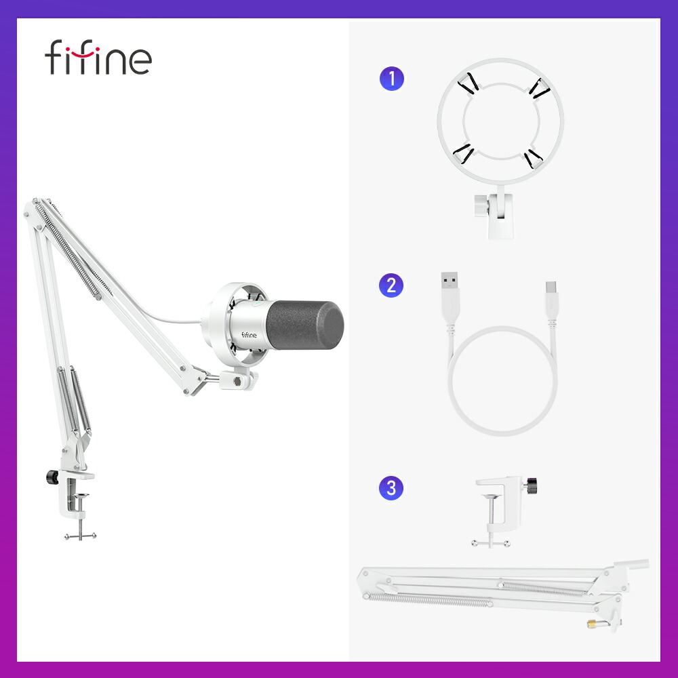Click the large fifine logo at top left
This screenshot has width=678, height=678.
[x=98, y=57]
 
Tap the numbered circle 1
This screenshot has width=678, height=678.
[x=392, y=78]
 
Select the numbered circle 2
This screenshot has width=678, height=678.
[x=391, y=285]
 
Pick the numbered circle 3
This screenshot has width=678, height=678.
[x=391, y=488]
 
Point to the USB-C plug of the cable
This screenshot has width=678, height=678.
[x=552, y=298]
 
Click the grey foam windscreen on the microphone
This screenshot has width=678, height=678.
[x=305, y=325]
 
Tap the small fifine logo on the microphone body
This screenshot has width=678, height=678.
[x=249, y=335]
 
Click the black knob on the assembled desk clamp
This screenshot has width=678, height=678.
[x=52, y=477]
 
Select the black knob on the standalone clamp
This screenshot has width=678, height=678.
[x=531, y=485]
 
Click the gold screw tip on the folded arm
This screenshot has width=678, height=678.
[x=592, y=624]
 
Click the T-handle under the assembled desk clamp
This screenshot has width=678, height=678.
[x=81, y=536]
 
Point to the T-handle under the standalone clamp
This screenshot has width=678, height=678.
[x=491, y=543]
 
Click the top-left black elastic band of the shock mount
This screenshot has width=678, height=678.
[x=468, y=84]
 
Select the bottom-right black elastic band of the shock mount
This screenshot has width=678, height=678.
[x=532, y=158]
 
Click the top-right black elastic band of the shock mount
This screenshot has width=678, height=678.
[x=540, y=89]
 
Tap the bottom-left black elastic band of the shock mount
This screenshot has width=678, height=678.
[x=463, y=154]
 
